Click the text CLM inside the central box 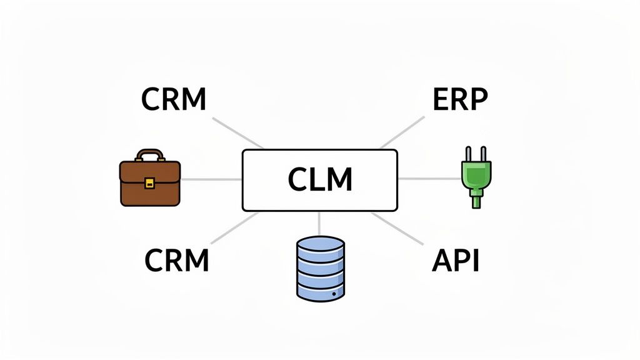tap(319, 180)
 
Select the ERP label tap(460, 99)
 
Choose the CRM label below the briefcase tap(177, 259)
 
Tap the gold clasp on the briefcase tap(149, 182)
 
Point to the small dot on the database tap(335, 293)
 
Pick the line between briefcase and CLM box tap(211, 179)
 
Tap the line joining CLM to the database tap(319, 223)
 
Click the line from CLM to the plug tap(429, 179)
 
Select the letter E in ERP tap(440, 99)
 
